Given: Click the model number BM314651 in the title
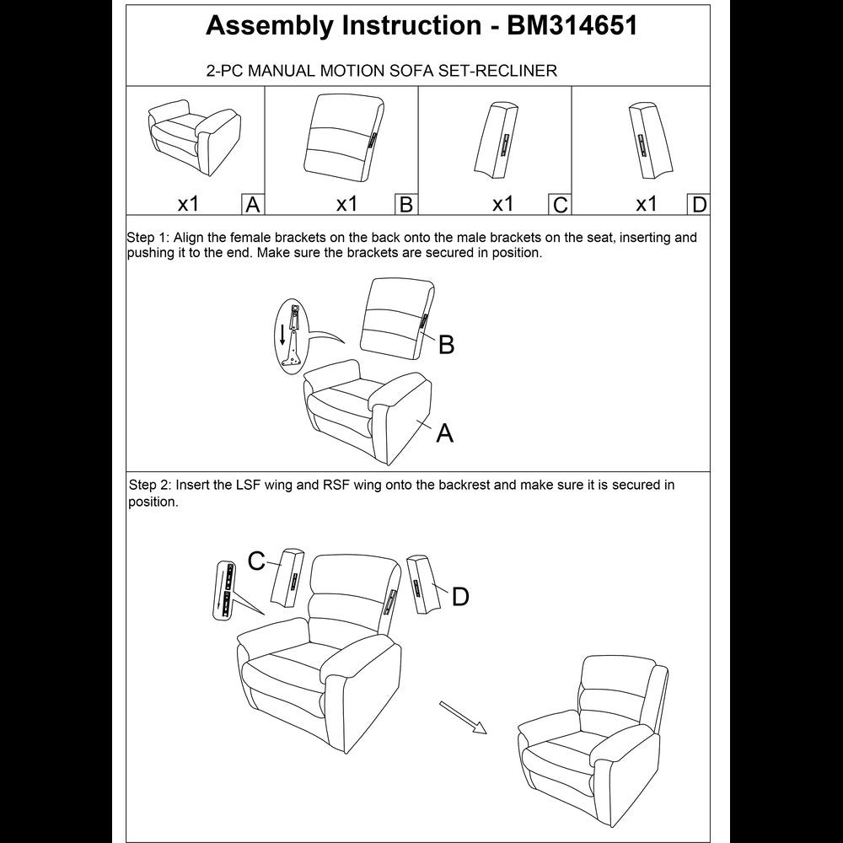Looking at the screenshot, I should [572, 26].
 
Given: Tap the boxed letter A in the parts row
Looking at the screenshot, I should [252, 205].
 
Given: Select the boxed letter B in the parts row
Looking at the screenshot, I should [405, 205].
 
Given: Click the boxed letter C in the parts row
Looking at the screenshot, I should [559, 205].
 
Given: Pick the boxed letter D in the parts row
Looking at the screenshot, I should [699, 205].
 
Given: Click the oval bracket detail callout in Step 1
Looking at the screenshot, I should [292, 336].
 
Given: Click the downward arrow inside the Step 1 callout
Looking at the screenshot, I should [282, 334].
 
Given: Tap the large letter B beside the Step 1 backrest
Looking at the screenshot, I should [446, 345].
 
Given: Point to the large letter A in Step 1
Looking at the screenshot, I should [444, 433].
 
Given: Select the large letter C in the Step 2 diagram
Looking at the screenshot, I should [257, 560].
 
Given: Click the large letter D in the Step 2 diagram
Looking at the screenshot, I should [460, 597].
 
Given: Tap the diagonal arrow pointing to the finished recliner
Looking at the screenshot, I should [464, 717].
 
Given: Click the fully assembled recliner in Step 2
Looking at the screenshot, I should [590, 733].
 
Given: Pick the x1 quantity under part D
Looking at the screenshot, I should [646, 204].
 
